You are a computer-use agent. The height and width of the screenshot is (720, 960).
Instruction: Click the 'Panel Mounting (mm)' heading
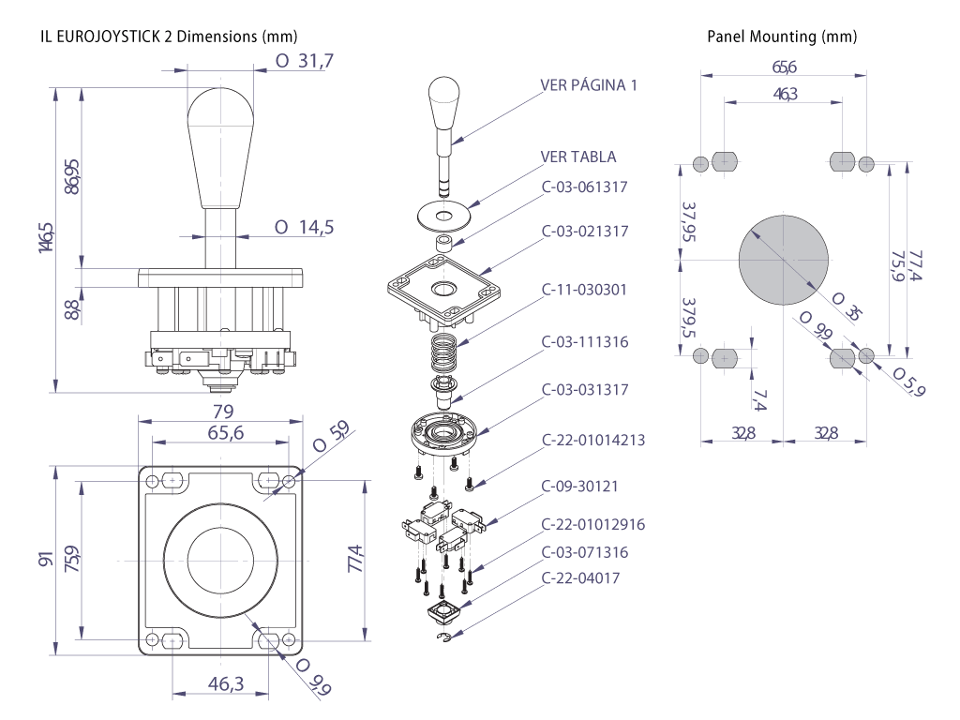tap(781, 37)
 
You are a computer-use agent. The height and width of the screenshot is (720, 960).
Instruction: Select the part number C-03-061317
tap(584, 187)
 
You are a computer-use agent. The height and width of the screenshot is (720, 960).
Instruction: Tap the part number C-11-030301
tap(584, 290)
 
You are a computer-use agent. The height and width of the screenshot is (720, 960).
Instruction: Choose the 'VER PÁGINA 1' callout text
tap(590, 85)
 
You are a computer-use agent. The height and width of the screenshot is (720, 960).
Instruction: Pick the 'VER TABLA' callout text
tap(578, 156)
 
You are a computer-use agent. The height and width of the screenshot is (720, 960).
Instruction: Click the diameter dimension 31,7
tap(306, 62)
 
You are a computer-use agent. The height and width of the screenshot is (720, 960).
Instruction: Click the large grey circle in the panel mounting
tap(783, 259)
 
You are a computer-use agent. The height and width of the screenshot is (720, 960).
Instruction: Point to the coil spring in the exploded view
tap(445, 355)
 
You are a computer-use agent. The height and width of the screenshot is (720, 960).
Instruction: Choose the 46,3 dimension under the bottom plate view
tap(225, 684)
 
